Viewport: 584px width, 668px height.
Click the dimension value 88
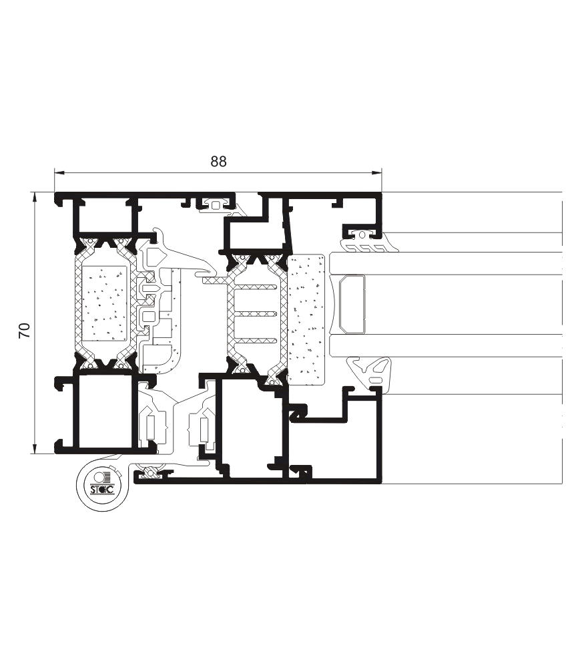click(x=218, y=162)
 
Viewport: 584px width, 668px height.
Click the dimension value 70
click(x=25, y=330)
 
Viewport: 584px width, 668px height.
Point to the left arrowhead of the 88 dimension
click(x=59, y=172)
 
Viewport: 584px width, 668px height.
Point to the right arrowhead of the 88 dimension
click(x=376, y=172)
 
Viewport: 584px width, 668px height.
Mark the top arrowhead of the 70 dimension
click(x=35, y=197)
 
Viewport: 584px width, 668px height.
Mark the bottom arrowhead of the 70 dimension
click(x=35, y=449)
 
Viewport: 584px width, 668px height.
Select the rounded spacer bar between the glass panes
click(x=352, y=304)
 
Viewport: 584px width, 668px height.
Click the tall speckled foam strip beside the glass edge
click(x=306, y=319)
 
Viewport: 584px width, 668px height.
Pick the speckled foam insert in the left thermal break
click(x=105, y=303)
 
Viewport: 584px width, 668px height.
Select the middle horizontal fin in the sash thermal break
click(x=256, y=314)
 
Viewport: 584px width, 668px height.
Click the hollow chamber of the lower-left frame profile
click(x=105, y=411)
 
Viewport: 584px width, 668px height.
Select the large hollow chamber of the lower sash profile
click(x=250, y=426)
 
